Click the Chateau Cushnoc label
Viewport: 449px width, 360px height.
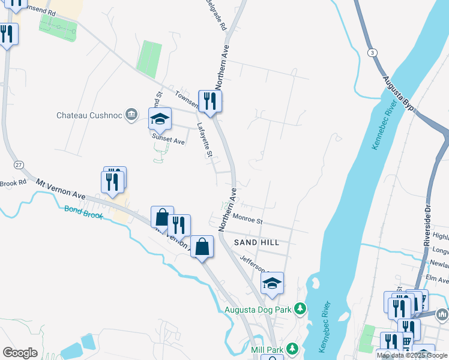tap(89, 115)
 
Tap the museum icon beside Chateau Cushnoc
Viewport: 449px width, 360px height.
tap(131, 115)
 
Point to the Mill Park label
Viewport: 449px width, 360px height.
tap(267, 349)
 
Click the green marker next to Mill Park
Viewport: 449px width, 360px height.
tap(292, 349)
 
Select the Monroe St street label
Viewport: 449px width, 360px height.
tap(249, 220)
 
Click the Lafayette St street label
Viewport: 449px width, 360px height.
tap(205, 140)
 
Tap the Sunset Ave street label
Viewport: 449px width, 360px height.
tap(168, 140)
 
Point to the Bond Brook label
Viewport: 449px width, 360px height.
tap(83, 212)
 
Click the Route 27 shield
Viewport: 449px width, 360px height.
tap(19, 164)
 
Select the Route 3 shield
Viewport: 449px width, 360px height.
tap(373, 53)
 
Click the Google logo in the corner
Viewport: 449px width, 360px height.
tap(20, 353)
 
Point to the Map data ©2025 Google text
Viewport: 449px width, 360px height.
tap(412, 355)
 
